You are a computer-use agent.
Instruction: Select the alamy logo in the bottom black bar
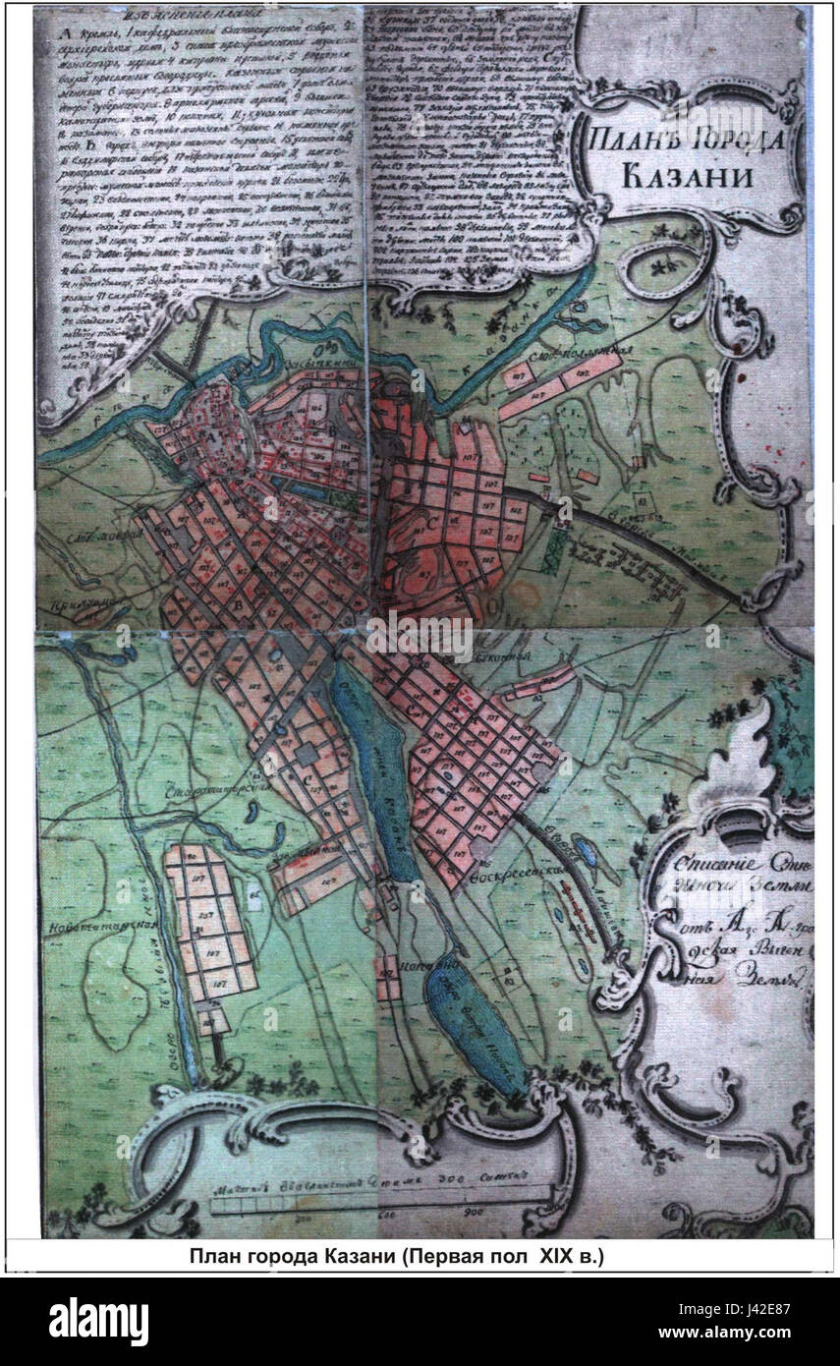(98, 1319)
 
